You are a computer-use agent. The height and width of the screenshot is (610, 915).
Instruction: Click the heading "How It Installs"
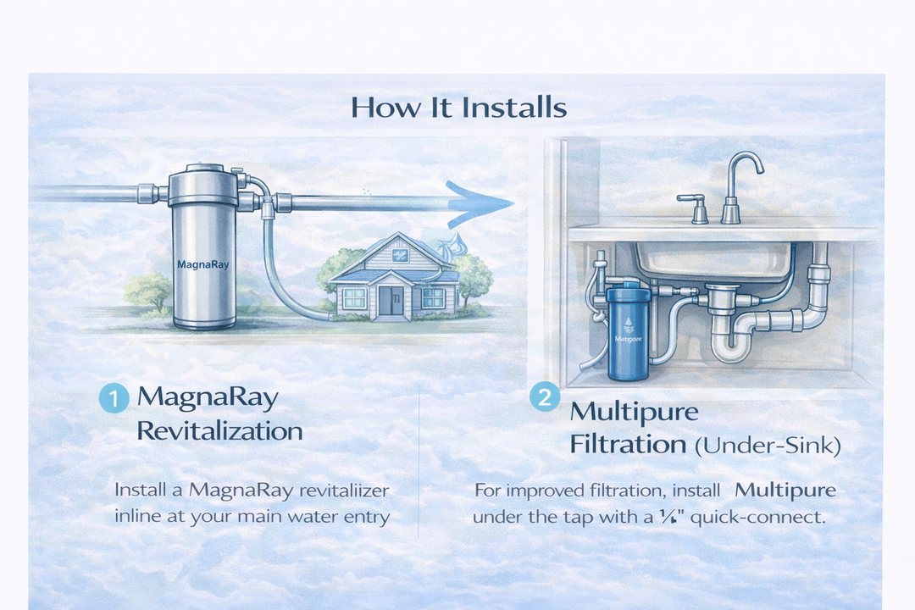click(x=457, y=108)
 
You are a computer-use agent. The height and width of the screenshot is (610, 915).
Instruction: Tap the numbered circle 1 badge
click(x=114, y=398)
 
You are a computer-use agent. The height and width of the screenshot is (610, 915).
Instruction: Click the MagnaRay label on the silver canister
click(x=202, y=263)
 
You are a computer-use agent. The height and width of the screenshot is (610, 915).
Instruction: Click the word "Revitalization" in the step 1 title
click(x=219, y=430)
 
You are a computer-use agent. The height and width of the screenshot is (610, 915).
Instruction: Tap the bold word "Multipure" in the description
click(x=785, y=491)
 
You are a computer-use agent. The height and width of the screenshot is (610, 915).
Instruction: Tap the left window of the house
click(x=354, y=297)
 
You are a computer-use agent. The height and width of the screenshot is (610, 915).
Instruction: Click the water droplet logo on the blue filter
click(x=626, y=323)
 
